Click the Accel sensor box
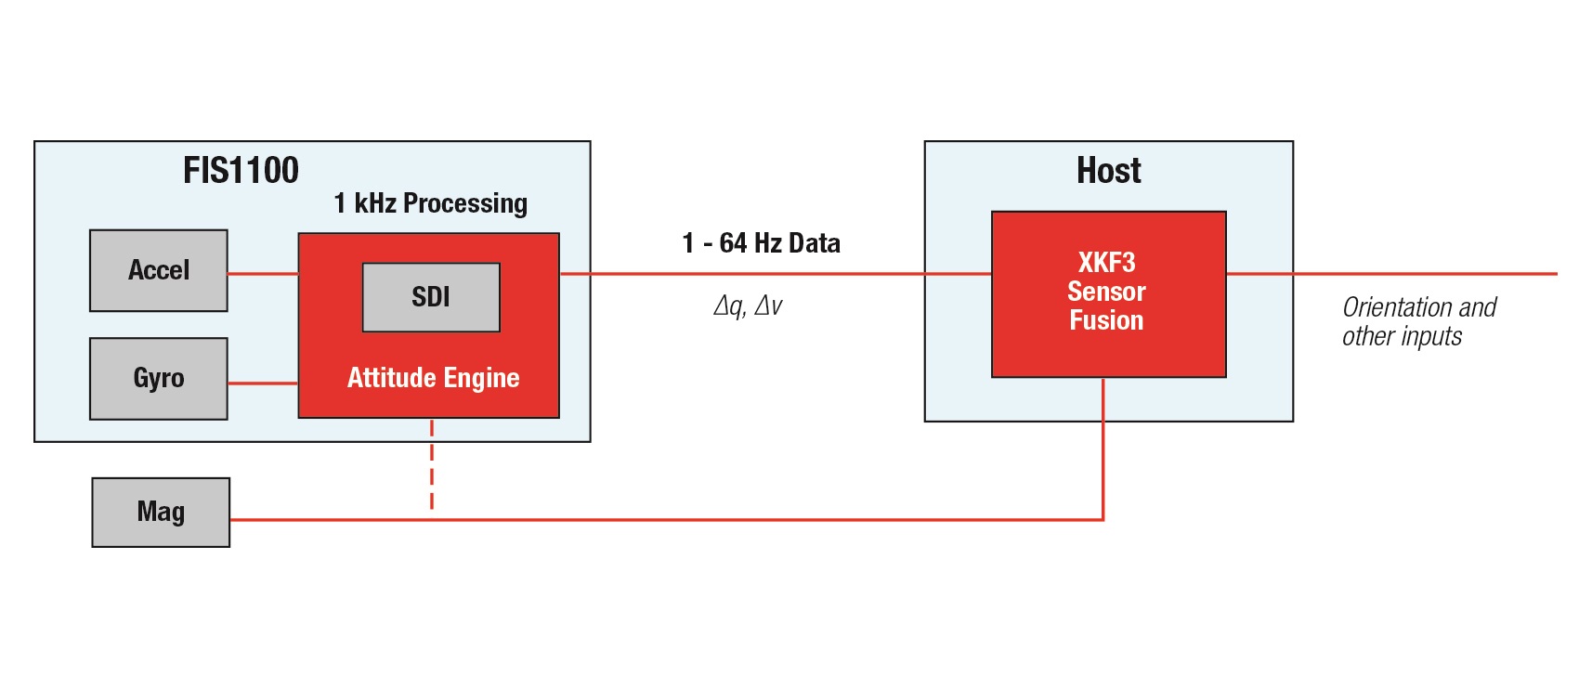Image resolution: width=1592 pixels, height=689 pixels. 159,270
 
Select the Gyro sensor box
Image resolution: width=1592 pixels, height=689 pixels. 159,378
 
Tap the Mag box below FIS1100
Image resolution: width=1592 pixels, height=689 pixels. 161,512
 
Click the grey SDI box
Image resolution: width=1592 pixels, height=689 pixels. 431,297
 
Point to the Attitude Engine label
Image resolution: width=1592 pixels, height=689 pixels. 433,378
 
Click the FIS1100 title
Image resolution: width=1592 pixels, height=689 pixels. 241,171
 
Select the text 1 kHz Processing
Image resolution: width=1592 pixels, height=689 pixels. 431,203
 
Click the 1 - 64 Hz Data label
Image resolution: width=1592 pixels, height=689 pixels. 761,243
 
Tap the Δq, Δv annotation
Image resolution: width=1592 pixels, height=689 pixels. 748,305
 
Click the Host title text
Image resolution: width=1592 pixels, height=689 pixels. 1108,171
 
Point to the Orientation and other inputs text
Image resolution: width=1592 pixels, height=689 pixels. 1418,321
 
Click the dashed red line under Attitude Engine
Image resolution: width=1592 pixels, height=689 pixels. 432,464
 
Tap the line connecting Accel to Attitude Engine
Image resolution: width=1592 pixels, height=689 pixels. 263,274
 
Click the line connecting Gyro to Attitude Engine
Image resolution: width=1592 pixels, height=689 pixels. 263,383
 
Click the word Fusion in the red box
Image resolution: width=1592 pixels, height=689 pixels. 1106,320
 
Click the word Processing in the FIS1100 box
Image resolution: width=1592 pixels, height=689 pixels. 465,203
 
